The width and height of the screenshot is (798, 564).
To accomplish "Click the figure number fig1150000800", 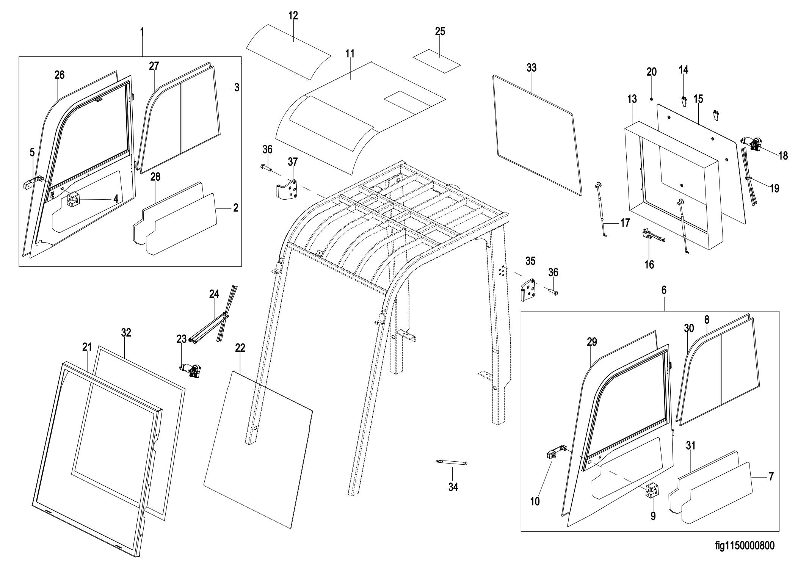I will tap(745, 546).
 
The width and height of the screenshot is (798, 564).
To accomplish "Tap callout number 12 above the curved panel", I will tap(293, 16).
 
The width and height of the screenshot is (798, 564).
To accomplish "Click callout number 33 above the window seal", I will tap(531, 68).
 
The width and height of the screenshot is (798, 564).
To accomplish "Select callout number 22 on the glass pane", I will tap(240, 348).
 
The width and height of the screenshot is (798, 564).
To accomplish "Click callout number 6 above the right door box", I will tap(663, 290).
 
